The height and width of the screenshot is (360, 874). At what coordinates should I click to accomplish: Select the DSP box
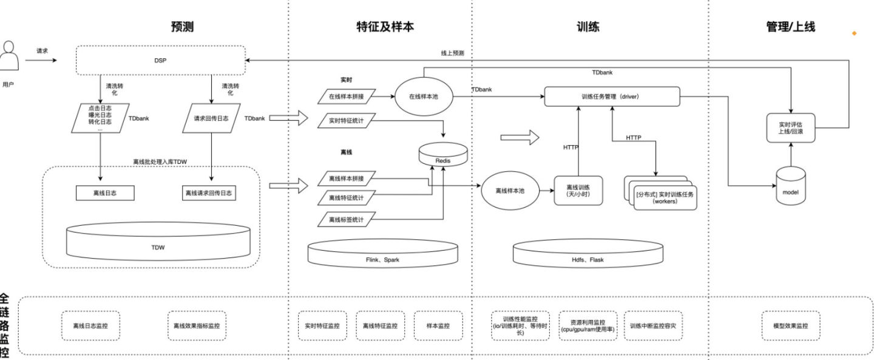tap(160, 60)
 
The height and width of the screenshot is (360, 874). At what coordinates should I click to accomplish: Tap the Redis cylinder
tap(443, 155)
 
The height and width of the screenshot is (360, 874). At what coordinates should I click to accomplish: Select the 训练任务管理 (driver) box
tap(611, 97)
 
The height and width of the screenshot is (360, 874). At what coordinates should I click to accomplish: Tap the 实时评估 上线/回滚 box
tap(791, 127)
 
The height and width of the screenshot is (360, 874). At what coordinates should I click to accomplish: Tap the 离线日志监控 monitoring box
tap(90, 325)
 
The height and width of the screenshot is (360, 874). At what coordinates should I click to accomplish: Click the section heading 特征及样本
tap(380, 26)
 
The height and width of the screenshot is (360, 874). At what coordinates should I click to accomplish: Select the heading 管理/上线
tap(791, 26)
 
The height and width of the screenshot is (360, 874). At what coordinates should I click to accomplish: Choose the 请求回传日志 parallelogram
tap(209, 118)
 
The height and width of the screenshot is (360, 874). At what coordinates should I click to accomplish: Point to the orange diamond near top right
tap(854, 33)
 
